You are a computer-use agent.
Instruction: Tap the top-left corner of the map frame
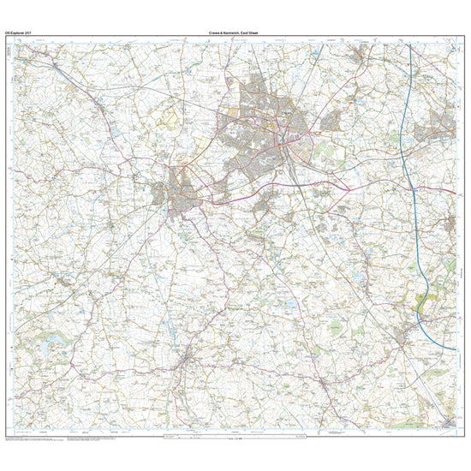tap(15, 39)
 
